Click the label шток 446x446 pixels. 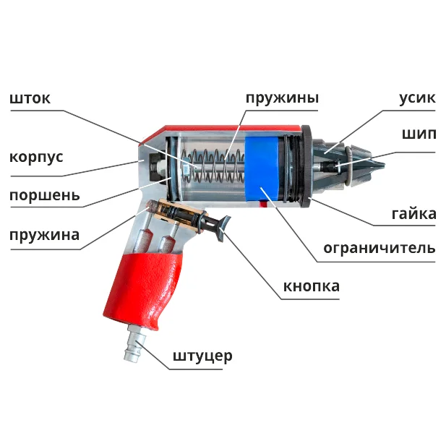(x=30, y=99)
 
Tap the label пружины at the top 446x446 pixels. (x=281, y=98)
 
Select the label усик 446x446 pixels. (x=417, y=98)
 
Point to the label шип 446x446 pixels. (x=419, y=134)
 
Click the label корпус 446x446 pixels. (x=36, y=158)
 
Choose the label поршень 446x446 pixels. (x=44, y=195)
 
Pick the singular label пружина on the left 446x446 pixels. (x=44, y=235)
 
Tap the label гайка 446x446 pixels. (x=413, y=214)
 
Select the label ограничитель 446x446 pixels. (x=379, y=249)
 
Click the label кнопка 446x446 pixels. (x=311, y=286)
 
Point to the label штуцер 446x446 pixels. (x=202, y=356)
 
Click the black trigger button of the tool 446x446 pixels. (x=220, y=225)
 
